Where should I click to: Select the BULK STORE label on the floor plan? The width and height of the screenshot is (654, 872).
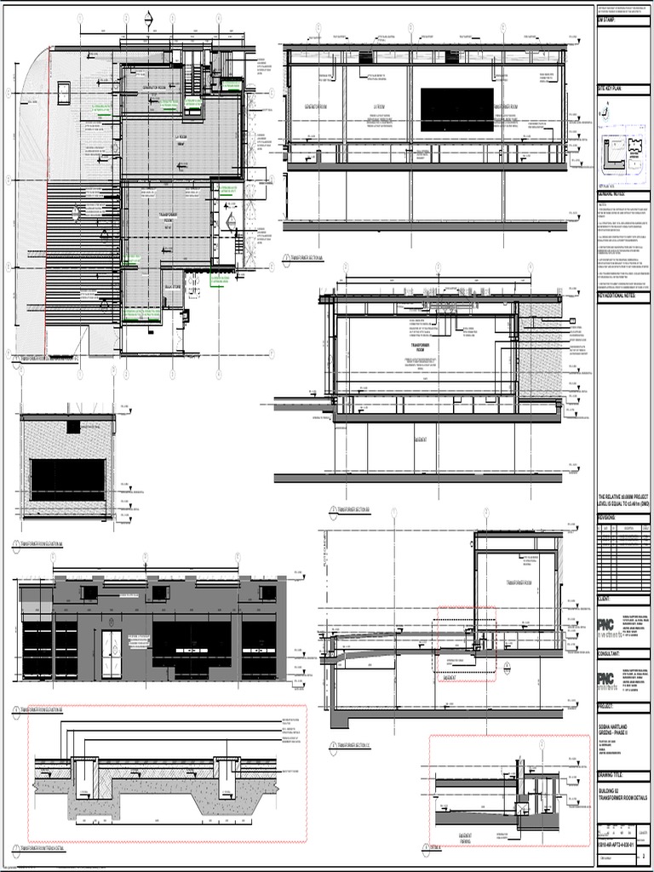[173, 287]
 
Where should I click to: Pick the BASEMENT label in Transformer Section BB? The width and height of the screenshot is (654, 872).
[421, 440]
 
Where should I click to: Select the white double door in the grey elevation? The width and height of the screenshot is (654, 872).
[112, 653]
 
